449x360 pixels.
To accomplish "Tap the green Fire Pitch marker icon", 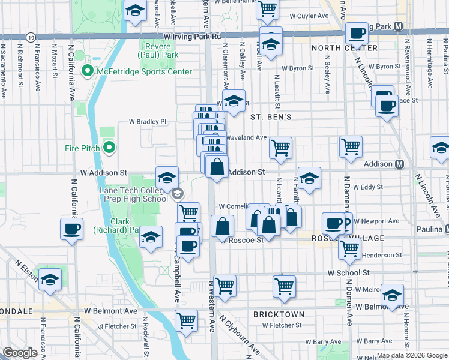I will tap(109, 148).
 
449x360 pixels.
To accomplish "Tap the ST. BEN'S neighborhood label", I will tap(271, 117).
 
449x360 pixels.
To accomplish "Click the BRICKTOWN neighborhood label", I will tap(279, 314).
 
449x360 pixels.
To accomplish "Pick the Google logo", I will tap(20, 353).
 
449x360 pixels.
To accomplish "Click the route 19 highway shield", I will tap(30, 37).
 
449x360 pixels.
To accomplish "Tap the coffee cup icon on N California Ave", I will tap(71, 229).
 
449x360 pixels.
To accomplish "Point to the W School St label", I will tap(348, 272).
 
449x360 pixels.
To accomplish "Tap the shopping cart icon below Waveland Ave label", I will tap(280, 148).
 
